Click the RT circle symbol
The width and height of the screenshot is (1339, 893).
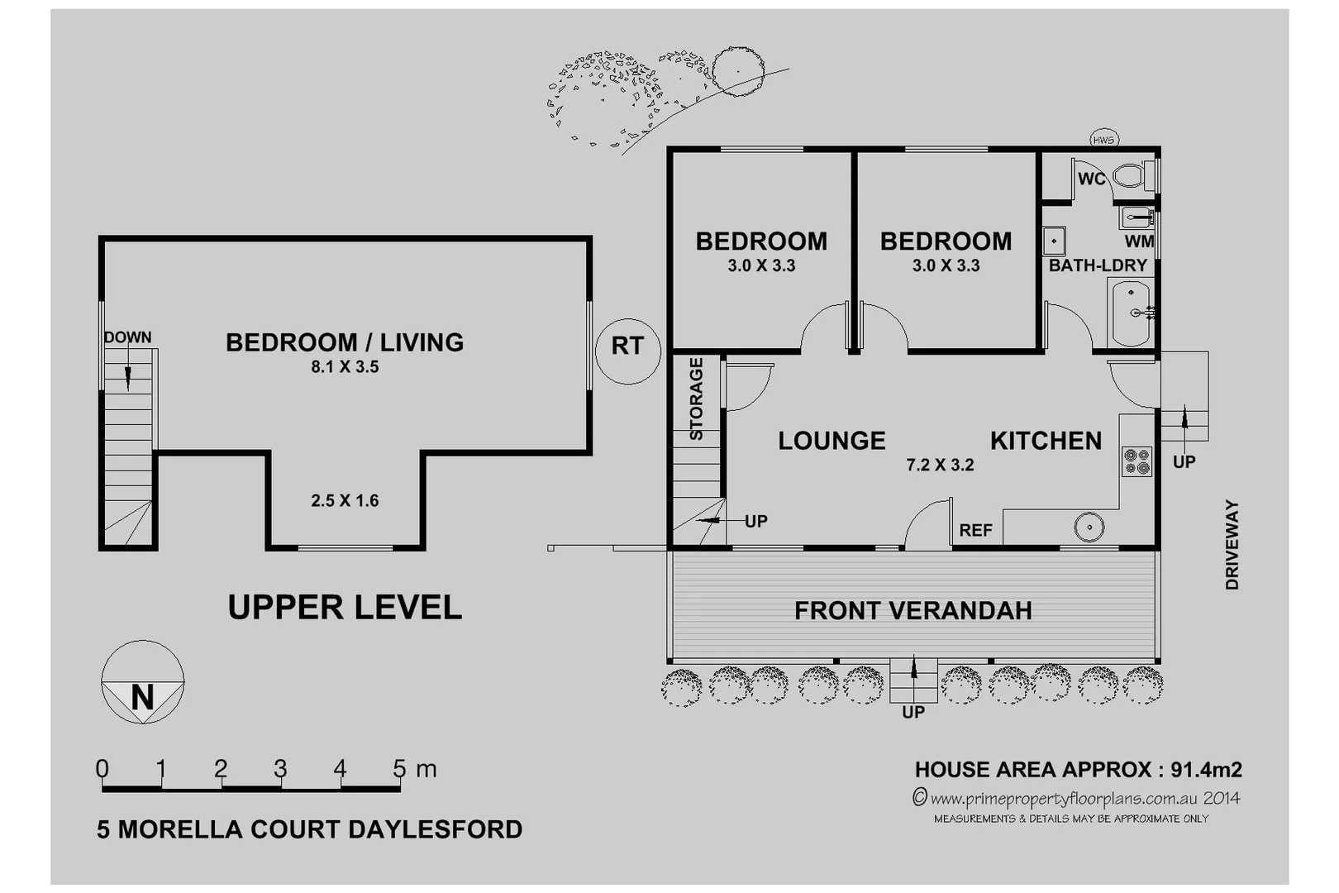pyautogui.click(x=627, y=351)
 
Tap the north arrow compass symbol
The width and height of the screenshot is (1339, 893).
pyautogui.click(x=142, y=683)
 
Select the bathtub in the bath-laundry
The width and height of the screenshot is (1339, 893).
pyautogui.click(x=1130, y=313)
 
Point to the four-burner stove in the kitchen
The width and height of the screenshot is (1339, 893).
pyautogui.click(x=1136, y=461)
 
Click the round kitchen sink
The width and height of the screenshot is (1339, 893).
pyautogui.click(x=1089, y=528)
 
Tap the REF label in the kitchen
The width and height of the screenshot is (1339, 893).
pyautogui.click(x=975, y=530)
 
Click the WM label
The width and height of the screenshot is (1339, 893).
pyautogui.click(x=1138, y=241)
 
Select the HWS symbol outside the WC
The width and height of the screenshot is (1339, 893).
pyautogui.click(x=1103, y=140)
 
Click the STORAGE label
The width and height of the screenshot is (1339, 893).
pyautogui.click(x=696, y=399)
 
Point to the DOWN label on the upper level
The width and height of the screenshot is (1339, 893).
pyautogui.click(x=127, y=337)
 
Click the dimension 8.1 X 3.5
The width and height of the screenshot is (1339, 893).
pyautogui.click(x=345, y=367)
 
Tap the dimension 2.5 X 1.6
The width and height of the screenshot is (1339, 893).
pyautogui.click(x=345, y=500)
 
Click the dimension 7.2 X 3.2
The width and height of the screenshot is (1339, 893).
pyautogui.click(x=940, y=465)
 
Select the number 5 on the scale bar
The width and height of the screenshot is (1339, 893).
pyautogui.click(x=399, y=769)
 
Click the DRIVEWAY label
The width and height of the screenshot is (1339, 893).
pyautogui.click(x=1232, y=544)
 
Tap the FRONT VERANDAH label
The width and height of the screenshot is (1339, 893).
pyautogui.click(x=913, y=611)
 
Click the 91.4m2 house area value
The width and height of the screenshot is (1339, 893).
pyautogui.click(x=1206, y=770)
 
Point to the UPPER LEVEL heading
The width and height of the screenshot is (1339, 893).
pyautogui.click(x=345, y=608)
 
